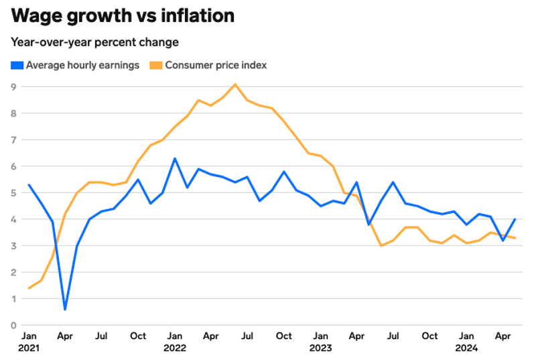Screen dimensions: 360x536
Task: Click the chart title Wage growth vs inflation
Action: (x=123, y=15)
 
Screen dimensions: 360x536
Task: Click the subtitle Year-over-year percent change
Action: (x=94, y=42)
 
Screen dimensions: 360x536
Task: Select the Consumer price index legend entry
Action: (x=216, y=65)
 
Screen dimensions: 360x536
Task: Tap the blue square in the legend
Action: (x=16, y=65)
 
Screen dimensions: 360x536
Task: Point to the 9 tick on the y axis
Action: (x=13, y=86)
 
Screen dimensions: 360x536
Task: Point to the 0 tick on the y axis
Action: (x=13, y=326)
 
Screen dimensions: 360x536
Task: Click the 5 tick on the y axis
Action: (x=13, y=193)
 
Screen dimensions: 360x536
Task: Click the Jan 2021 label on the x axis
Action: (x=29, y=342)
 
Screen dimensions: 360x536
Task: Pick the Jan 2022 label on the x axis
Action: (x=175, y=342)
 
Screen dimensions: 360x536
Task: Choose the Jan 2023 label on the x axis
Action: (x=321, y=342)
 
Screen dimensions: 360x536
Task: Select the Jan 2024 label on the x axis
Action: (x=466, y=342)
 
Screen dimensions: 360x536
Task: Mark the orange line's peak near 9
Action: (x=235, y=84)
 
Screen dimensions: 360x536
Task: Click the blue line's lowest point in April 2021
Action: (x=65, y=309)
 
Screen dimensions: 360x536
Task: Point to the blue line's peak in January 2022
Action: (x=175, y=158)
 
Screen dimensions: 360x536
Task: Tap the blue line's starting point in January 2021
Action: (x=29, y=185)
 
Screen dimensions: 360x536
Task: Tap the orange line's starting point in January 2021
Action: (x=29, y=288)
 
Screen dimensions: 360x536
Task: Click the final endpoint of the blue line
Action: (x=515, y=219)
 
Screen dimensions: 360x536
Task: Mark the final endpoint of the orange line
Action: (x=515, y=238)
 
